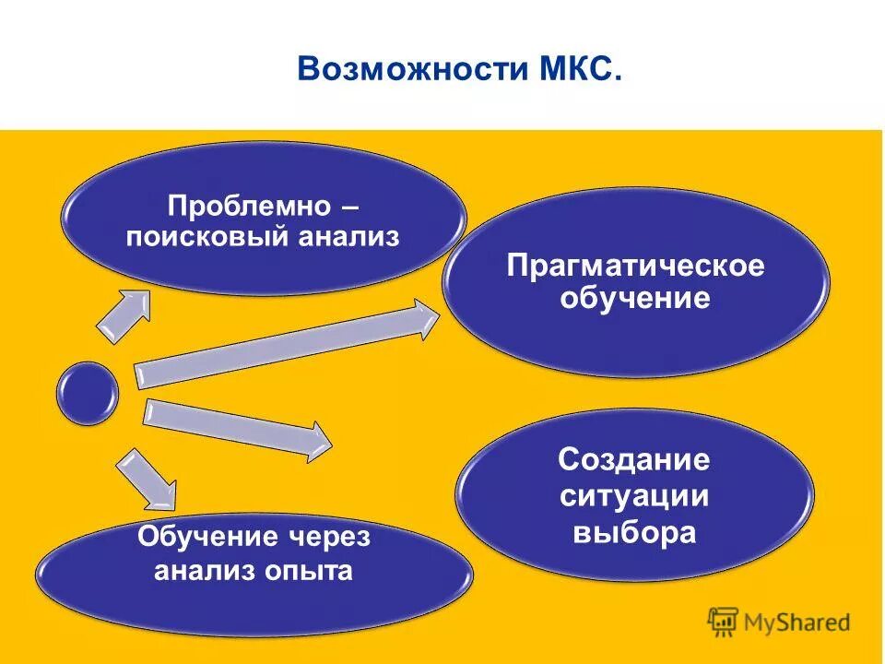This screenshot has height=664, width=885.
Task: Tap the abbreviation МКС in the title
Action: click(578, 69)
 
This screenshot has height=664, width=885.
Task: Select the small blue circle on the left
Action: click(88, 393)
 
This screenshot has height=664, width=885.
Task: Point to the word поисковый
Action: click(208, 237)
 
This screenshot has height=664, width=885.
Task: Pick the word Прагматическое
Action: click(636, 267)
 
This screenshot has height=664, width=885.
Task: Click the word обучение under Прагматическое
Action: click(636, 300)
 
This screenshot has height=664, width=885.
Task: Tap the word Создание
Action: click(634, 459)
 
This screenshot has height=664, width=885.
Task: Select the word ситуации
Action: click(634, 496)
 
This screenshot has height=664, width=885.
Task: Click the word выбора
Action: click(634, 533)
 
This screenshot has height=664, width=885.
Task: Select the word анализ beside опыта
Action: click(206, 571)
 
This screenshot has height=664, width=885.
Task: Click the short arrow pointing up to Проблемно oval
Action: click(125, 314)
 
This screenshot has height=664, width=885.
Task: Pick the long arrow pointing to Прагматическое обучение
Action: click(286, 344)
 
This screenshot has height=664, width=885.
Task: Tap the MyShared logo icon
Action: click(723, 622)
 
